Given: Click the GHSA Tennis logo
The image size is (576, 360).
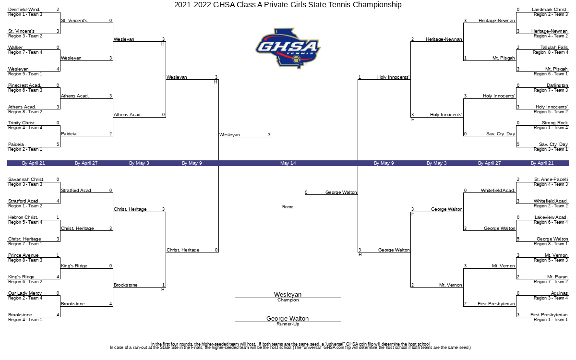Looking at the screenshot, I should (288, 48).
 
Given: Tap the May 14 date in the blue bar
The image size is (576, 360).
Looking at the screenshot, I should (288, 163).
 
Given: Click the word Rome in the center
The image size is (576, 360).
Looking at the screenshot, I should (288, 207).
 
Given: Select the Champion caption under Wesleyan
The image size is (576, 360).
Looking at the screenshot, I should (288, 300).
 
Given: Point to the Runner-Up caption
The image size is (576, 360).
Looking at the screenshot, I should (288, 324).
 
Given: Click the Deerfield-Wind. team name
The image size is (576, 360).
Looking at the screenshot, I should (24, 10).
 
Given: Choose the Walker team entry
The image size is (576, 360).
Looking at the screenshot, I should (15, 48).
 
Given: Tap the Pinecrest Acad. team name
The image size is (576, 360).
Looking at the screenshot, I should (24, 85).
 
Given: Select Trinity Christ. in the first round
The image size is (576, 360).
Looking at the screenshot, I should (22, 123).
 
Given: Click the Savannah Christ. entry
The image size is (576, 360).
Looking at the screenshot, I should (26, 180).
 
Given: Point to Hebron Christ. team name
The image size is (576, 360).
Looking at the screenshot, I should (23, 217).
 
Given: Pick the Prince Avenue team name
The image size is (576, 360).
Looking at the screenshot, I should (24, 255).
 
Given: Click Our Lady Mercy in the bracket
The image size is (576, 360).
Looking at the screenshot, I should (25, 293).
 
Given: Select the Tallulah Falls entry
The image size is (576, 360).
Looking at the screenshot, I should (554, 48).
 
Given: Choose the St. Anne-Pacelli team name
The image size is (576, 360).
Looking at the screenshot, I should (551, 180).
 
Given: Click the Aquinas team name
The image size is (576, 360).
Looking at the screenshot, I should (559, 293).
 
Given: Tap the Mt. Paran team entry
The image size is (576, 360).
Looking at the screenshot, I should (557, 277).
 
